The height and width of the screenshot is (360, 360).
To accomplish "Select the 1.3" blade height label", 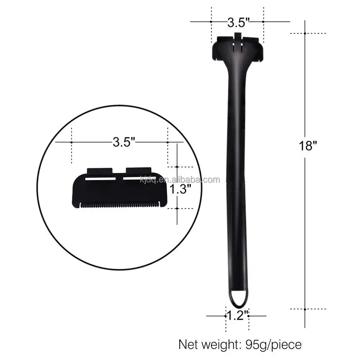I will coord(180,189).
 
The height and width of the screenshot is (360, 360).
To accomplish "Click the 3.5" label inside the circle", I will coord(123,142).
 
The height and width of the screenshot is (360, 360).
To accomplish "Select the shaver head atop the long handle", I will coord(238,49).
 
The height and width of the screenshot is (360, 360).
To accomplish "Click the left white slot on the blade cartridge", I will coord(101,178).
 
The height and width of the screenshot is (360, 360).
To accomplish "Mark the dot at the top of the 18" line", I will coord(305,33).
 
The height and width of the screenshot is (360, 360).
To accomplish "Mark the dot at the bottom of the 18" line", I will coord(305,309).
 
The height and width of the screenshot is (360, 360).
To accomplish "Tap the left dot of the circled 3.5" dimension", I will coord(72,142).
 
